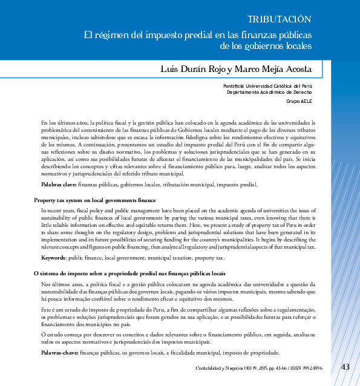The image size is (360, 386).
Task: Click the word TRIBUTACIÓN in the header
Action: tap(284, 19)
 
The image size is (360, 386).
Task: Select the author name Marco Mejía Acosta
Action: tap(273, 69)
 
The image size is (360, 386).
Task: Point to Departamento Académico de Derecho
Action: tap(269, 93)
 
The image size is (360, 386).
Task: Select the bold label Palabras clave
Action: tap(58, 184)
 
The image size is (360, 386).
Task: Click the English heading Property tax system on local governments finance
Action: tap(95, 200)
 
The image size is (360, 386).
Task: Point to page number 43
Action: tap(345, 367)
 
